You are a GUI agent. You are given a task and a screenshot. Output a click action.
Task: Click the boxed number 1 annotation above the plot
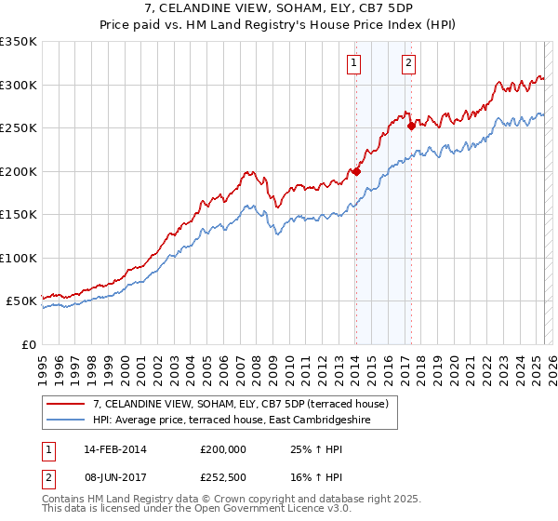pyautogui.click(x=355, y=63)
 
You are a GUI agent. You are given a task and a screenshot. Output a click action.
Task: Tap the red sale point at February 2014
pyautogui.click(x=355, y=171)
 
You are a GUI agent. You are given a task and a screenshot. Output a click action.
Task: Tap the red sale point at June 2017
pyautogui.click(x=410, y=126)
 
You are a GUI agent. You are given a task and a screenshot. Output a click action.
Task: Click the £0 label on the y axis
pyautogui.click(x=27, y=344)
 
